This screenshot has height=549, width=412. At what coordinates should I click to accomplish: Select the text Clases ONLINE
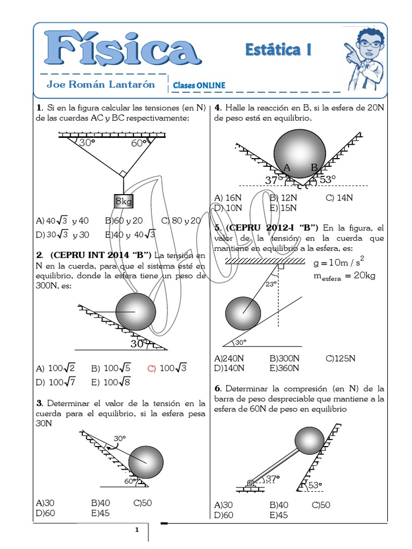tap(199, 85)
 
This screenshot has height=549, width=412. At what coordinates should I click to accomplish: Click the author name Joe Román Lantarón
tap(100, 84)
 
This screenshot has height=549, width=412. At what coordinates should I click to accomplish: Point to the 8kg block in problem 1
tap(123, 202)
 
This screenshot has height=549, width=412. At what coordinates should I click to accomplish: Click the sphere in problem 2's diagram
tap(136, 311)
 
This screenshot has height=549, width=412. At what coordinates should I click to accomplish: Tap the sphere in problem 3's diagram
tap(145, 462)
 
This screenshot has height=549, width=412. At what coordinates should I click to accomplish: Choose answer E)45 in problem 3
tap(100, 513)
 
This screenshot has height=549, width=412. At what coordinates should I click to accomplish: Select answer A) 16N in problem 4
tap(225, 197)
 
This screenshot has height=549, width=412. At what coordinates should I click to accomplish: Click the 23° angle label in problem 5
tap(271, 284)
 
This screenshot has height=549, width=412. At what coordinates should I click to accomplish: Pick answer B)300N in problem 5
tap(284, 358)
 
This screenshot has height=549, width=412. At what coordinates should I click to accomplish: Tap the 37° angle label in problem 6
tap(273, 479)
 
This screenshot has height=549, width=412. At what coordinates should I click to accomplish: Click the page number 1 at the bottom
tap(137, 530)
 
